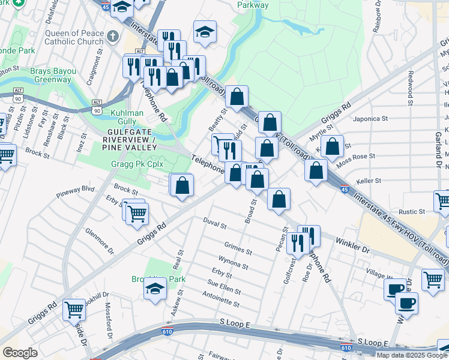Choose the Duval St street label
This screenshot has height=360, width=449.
tap(214, 226)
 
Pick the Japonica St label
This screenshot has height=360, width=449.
tap(373, 119)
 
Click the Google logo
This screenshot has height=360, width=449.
tap(20, 353)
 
